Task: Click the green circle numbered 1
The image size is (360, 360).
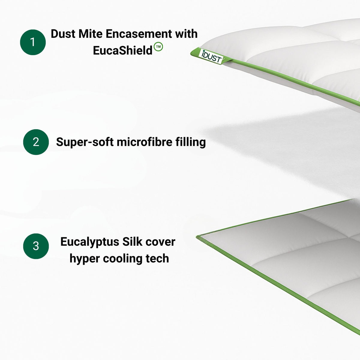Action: click(x=33, y=42)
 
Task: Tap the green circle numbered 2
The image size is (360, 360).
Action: click(x=36, y=142)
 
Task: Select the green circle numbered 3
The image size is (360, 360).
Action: click(x=36, y=246)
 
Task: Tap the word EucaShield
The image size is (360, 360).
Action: click(x=123, y=50)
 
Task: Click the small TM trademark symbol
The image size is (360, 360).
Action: click(x=158, y=47)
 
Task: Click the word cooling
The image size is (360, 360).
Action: click(x=123, y=259)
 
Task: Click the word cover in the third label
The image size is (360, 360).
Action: click(x=160, y=241)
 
